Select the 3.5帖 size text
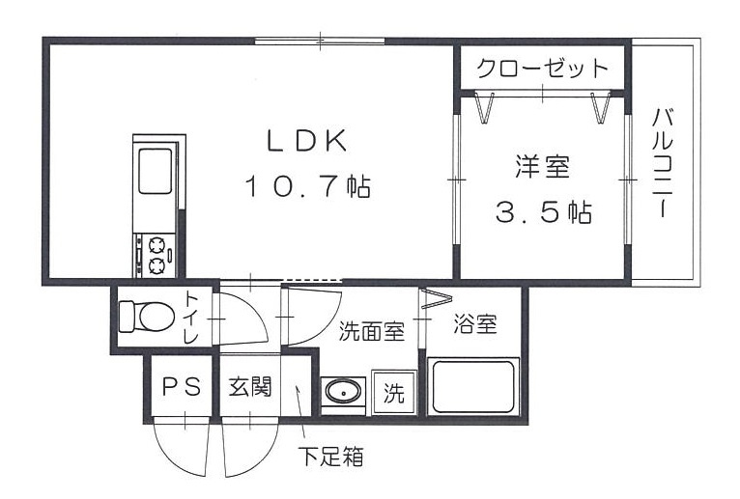[543, 212]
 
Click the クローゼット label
[543, 69]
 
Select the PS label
[180, 387]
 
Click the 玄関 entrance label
[249, 387]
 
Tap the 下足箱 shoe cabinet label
[329, 456]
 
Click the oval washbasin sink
[343, 392]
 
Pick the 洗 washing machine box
[394, 393]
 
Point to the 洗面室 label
[370, 331]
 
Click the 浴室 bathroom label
[475, 324]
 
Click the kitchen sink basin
[155, 171]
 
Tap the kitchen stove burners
[155, 253]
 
